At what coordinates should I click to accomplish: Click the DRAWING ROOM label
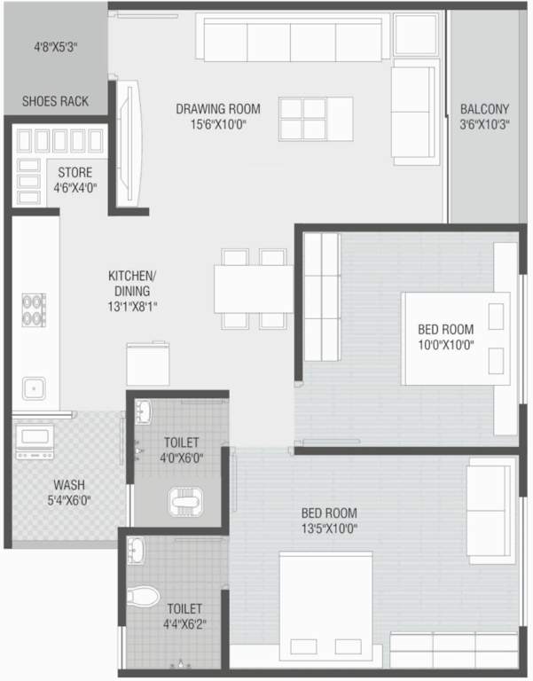[x=217, y=109]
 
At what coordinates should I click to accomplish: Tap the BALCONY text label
[x=484, y=109]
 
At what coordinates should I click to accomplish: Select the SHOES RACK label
[x=55, y=101]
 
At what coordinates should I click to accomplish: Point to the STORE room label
[x=74, y=172]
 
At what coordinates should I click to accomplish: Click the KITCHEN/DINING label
[x=129, y=283]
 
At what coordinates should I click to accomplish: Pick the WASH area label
[x=69, y=485]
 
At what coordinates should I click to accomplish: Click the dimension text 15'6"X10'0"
[x=217, y=125]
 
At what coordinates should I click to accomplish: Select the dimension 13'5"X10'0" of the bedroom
[x=329, y=528]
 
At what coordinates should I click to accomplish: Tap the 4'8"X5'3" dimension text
[x=55, y=47]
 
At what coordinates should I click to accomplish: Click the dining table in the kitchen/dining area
[x=254, y=288]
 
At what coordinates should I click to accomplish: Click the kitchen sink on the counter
[x=35, y=387]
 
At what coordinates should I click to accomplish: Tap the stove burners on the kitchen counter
[x=34, y=309]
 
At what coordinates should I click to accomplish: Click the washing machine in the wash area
[x=35, y=441]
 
